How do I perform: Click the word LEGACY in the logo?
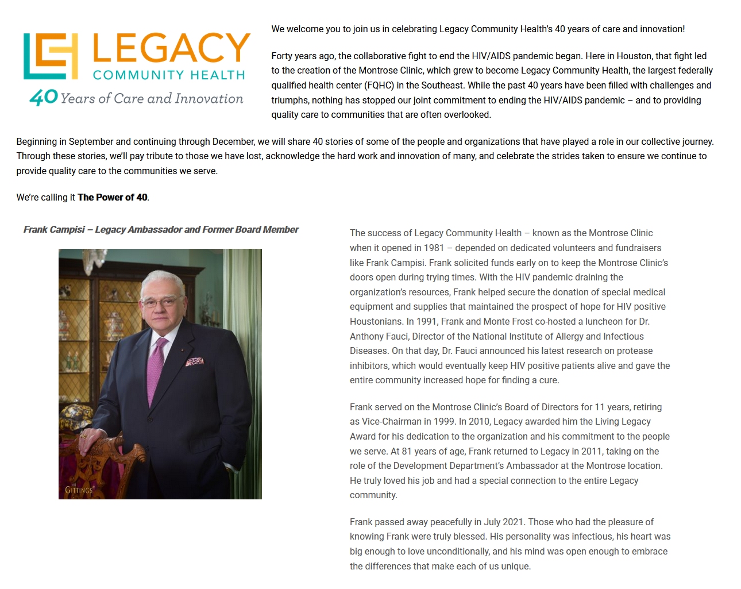coord(171,49)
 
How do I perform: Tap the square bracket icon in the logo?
coord(51,56)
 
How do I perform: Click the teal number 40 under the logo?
coord(44,98)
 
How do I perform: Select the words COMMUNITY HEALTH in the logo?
coord(169,75)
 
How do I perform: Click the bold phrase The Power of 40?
coord(113,197)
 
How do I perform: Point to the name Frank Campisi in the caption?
coord(54,229)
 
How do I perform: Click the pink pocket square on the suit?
coord(194,361)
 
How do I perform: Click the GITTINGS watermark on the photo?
coord(79,490)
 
